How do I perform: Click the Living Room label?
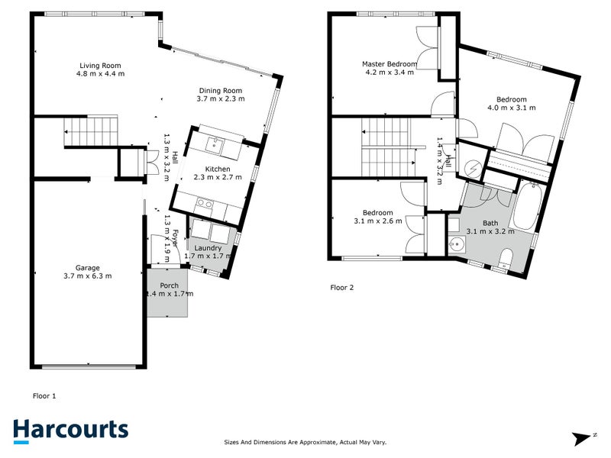pos(101,66)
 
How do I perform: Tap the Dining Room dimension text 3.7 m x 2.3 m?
pos(220,100)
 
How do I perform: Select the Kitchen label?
pos(217,169)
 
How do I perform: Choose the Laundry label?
pos(208,248)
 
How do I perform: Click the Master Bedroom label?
pos(390,64)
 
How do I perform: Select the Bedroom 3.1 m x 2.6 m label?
pos(378,212)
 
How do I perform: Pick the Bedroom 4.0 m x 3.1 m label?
pos(511,99)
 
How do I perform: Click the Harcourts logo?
pos(71,430)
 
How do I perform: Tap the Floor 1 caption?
pos(44,396)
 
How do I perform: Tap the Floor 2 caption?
pos(342,288)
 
